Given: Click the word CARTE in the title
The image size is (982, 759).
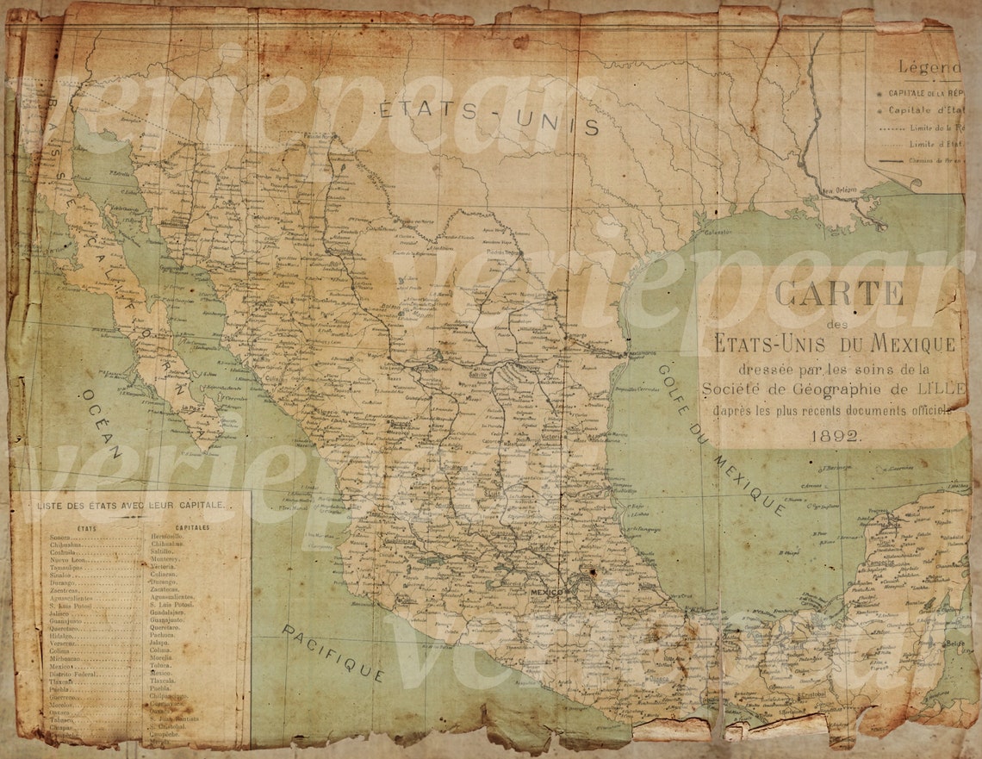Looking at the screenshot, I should coord(839,293).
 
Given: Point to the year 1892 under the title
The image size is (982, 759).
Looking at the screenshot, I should coord(835,436).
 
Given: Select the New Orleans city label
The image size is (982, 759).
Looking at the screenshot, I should coord(841,191).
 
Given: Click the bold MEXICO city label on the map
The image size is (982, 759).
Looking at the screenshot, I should coord(544,593).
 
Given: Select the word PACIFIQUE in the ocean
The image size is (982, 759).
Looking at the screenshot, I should coord(332,652).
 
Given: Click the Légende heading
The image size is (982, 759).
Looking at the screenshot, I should coord(929,67).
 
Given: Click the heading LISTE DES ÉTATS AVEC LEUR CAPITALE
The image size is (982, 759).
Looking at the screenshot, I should coord(131,505).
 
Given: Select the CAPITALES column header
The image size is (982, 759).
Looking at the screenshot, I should coord(192,526).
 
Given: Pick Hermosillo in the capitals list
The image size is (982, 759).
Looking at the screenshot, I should coord(167,536).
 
